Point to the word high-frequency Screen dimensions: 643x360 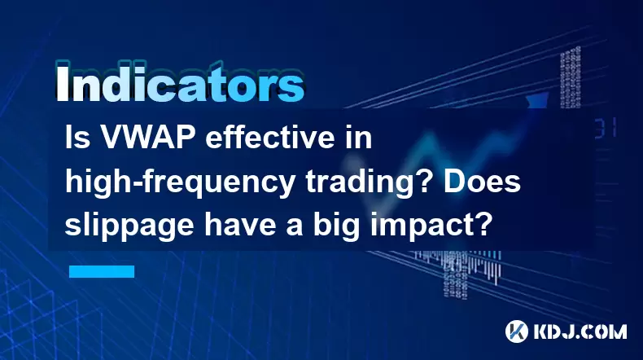[x=180, y=183]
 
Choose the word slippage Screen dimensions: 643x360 [x=129, y=227]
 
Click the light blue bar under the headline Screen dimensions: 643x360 [x=102, y=271]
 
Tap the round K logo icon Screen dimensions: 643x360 [x=516, y=331]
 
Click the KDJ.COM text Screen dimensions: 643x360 [x=580, y=331]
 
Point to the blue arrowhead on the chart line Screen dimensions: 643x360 [x=537, y=99]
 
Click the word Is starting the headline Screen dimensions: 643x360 [x=77, y=138]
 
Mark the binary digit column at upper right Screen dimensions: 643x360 [x=570, y=77]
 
